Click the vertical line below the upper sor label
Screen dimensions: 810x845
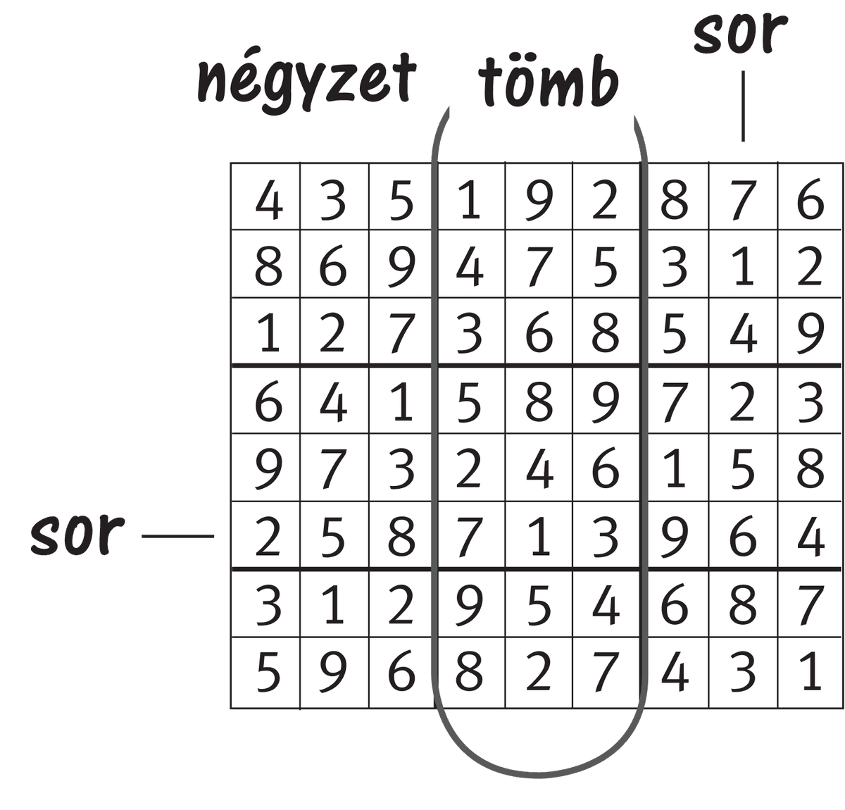[743, 106]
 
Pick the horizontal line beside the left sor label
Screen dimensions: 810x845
[177, 536]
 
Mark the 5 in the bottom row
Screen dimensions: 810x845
[268, 671]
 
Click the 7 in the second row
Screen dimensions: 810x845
[538, 267]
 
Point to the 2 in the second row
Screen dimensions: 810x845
[810, 267]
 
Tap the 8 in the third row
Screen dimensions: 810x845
[605, 334]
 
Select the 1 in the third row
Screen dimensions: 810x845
[268, 334]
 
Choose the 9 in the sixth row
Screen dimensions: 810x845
[674, 537]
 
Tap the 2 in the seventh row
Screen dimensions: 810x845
[401, 604]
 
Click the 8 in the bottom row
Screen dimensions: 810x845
[468, 671]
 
